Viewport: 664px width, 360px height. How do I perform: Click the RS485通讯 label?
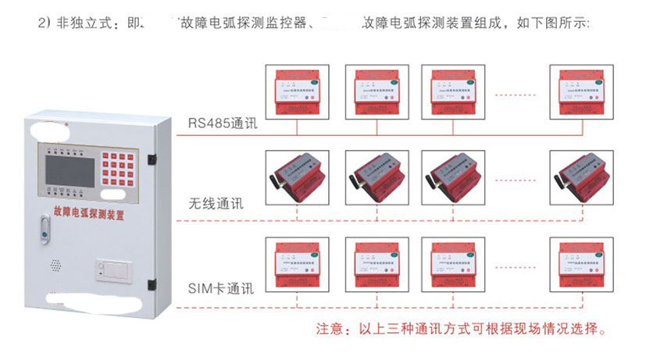(x=222, y=123)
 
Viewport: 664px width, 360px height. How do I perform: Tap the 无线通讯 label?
(x=216, y=205)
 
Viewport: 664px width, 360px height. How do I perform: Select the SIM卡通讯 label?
(x=220, y=287)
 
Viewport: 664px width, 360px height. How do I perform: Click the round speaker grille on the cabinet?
(x=56, y=266)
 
